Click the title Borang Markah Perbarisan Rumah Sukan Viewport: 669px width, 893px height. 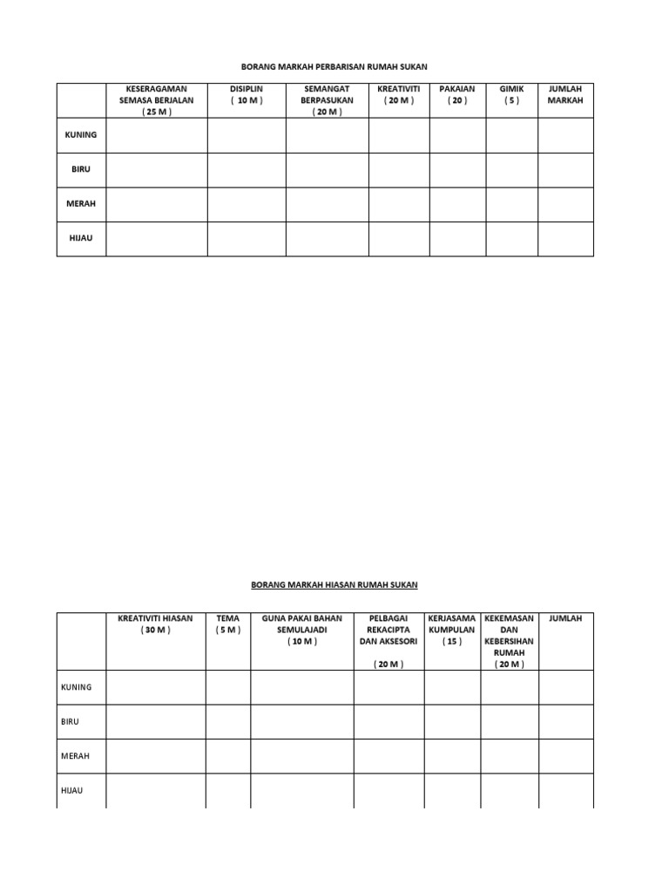pyautogui.click(x=334, y=66)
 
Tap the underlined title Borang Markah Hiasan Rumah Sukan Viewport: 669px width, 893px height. pyautogui.click(x=334, y=585)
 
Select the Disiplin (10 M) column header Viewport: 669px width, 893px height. pyautogui.click(x=247, y=94)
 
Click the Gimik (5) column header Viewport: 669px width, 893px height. pyautogui.click(x=511, y=94)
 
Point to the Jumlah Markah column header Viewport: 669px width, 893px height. pyautogui.click(x=565, y=94)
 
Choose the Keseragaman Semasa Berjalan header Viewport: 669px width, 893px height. pyautogui.click(x=157, y=100)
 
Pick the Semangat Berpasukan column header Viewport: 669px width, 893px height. pyautogui.click(x=328, y=100)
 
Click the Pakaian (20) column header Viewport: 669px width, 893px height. pyautogui.click(x=457, y=94)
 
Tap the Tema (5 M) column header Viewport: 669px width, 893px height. pyautogui.click(x=228, y=624)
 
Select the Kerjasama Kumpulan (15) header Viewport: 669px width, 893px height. pyautogui.click(x=452, y=630)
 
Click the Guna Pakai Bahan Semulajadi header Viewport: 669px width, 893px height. pyautogui.click(x=302, y=630)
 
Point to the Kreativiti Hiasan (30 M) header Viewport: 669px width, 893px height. pyautogui.click(x=155, y=624)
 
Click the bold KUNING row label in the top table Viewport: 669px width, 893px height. pyautogui.click(x=81, y=135)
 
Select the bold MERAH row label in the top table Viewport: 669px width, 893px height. pyautogui.click(x=81, y=203)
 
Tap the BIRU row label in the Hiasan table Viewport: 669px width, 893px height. pyautogui.click(x=71, y=721)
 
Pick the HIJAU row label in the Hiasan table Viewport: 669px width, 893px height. pyautogui.click(x=71, y=790)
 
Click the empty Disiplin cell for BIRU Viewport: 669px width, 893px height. pyautogui.click(x=247, y=170)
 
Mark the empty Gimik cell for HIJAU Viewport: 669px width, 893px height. pyautogui.click(x=511, y=238)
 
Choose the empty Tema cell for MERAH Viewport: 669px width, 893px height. pyautogui.click(x=228, y=756)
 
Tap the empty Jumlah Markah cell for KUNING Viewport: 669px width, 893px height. pyautogui.click(x=565, y=135)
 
